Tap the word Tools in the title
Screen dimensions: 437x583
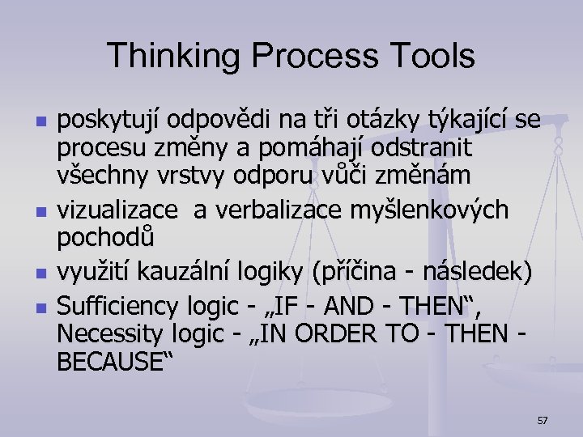coord(435,56)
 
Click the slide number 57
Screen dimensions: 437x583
coord(543,420)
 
